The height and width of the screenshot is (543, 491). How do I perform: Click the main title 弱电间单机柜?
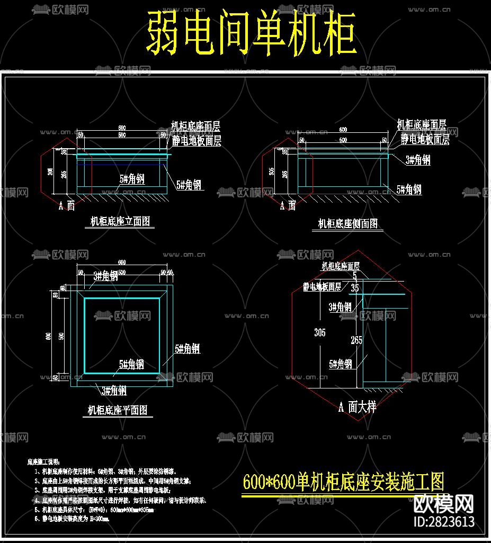point(251,34)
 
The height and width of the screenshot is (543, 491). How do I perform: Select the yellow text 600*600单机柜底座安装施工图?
point(343,482)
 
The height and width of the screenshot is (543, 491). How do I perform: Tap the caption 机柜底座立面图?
point(120,222)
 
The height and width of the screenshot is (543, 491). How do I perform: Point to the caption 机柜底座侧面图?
point(348,224)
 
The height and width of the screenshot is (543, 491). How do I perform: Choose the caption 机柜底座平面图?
point(117,410)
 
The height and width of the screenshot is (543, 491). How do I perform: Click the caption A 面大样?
point(357,407)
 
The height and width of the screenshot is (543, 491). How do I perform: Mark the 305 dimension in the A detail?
point(319,332)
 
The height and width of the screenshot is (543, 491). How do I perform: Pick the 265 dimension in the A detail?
point(356,340)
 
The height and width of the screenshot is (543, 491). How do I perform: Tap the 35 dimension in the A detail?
point(355,288)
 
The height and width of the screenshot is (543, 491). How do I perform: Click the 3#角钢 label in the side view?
point(418,160)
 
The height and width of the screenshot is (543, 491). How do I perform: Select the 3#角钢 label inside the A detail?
point(340,307)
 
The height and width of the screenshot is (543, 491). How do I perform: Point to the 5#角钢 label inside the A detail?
point(341,364)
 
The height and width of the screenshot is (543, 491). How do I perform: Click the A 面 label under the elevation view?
point(66,206)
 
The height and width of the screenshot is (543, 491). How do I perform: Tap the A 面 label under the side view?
point(288,205)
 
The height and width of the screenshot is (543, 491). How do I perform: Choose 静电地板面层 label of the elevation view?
point(196,141)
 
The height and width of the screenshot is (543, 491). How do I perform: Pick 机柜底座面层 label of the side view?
point(422,125)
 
